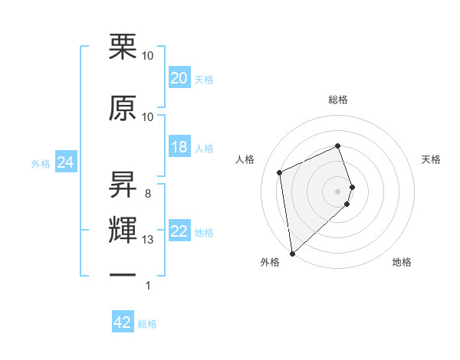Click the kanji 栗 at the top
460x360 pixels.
pos(123,47)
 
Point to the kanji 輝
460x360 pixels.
pos(123,229)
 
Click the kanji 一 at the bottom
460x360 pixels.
pos(123,274)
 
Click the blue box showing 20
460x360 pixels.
pos(179,78)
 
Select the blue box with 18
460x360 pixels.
pos(179,147)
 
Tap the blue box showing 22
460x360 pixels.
pos(179,231)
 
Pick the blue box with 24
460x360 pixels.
pos(65,162)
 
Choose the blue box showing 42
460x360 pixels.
pos(123,322)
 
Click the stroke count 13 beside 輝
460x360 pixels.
pos(148,240)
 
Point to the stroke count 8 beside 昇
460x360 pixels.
pos(148,194)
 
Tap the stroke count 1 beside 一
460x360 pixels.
pos(148,286)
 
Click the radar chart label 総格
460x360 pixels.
pos(338,100)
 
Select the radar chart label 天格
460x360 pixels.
pos(431,159)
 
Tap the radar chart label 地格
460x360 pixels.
pos(402,263)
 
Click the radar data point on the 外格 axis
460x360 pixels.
pos(292,253)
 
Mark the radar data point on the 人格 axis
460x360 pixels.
pos(280,172)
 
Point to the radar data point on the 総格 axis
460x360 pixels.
pos(338,146)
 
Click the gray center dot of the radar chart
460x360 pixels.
pos(338,191)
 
